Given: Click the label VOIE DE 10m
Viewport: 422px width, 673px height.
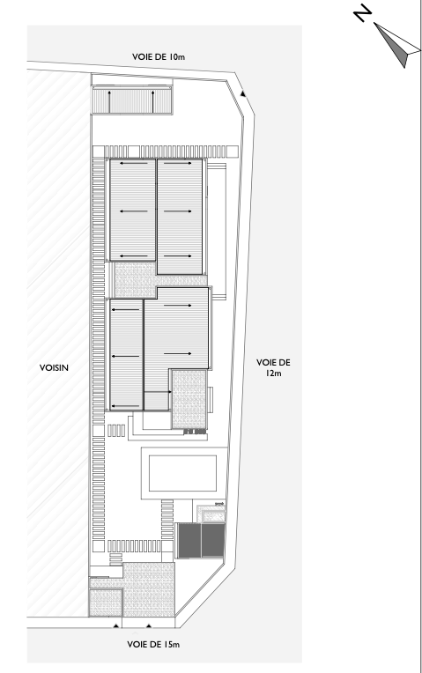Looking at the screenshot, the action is point(159,56).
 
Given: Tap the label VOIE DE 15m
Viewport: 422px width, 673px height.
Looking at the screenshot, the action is point(153,644).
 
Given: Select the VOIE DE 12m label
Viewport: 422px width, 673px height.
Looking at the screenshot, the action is point(273,367).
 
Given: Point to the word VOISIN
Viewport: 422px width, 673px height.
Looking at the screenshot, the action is point(54,368).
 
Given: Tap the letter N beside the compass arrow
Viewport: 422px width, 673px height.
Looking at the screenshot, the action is point(362,13).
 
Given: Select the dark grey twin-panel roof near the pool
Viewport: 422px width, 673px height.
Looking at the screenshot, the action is point(201,540).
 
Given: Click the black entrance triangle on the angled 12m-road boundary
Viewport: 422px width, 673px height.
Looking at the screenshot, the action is point(243,93).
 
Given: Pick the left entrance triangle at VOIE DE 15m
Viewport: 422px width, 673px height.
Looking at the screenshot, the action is point(116,625).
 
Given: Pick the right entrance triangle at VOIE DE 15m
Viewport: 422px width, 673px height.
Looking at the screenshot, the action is point(149,625).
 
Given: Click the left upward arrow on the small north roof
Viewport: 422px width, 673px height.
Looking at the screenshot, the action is point(109,101).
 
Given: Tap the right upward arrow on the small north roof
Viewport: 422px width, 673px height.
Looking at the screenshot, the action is point(152,101).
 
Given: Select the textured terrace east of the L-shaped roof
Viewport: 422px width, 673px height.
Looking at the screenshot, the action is point(189,399).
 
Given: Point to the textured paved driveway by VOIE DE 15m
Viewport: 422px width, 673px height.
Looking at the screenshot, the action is point(149,589).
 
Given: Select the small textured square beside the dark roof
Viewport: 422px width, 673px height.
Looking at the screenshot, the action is point(214,514).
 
